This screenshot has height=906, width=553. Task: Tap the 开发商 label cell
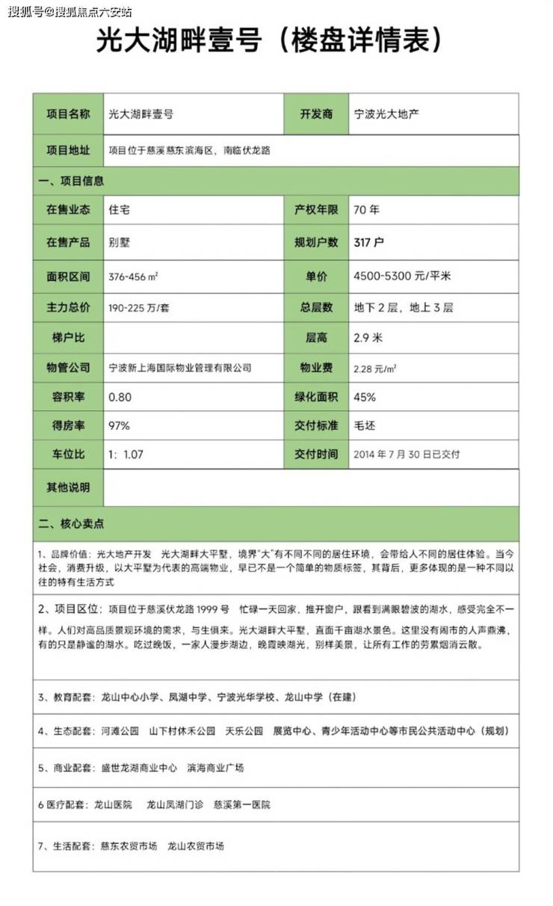pos(316,114)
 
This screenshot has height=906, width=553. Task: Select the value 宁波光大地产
pos(386,114)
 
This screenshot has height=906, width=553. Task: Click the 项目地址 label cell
pos(68,150)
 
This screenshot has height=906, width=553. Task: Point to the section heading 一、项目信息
pos(72,181)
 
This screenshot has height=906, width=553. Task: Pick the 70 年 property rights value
pos(366,210)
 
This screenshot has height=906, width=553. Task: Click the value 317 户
pos(368,242)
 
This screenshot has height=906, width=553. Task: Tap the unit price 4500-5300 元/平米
pos(401,276)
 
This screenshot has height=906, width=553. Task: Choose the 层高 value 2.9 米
pos(368,338)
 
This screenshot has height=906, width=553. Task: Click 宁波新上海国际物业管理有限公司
pos(180,368)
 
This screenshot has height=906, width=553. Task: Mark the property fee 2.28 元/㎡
pos(374,368)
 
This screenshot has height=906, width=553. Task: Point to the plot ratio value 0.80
pos(120,397)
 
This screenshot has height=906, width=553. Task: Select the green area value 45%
pos(365,397)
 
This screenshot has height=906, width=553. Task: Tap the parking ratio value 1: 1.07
pos(126,454)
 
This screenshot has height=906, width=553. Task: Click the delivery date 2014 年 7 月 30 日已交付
pos(406,454)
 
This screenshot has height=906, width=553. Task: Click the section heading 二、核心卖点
pos(71,523)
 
